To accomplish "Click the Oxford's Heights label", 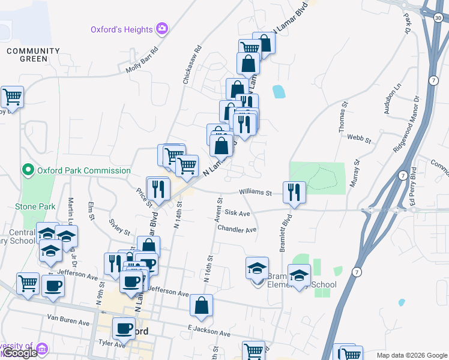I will [121, 29].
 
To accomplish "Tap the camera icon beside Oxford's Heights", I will [161, 28].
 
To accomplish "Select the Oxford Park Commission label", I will [84, 170].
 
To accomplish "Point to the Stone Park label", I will [35, 206].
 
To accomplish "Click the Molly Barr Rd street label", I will [142, 61].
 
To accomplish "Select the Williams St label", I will [256, 193].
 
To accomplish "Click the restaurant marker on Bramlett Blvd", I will [294, 193].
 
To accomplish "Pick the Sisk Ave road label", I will [237, 212].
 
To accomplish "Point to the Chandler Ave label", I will [237, 229].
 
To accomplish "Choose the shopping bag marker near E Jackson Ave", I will [201, 306].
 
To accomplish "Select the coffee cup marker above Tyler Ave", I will [124, 328].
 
